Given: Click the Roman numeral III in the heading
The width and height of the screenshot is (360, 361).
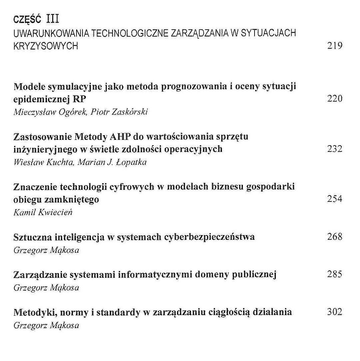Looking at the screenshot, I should (53, 19).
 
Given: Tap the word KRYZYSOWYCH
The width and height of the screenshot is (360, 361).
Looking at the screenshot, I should (46, 46).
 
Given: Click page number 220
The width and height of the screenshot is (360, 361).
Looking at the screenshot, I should (335, 99).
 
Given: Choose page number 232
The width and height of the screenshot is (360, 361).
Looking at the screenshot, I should (335, 149).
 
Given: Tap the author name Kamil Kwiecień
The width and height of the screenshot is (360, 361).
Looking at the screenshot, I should (43, 212).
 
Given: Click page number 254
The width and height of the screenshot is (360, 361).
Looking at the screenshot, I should (335, 199).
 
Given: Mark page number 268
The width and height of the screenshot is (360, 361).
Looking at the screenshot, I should (335, 237).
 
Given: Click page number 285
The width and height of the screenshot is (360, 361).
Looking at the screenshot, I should (335, 275).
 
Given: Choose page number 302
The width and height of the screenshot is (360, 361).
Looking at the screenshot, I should (335, 312).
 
